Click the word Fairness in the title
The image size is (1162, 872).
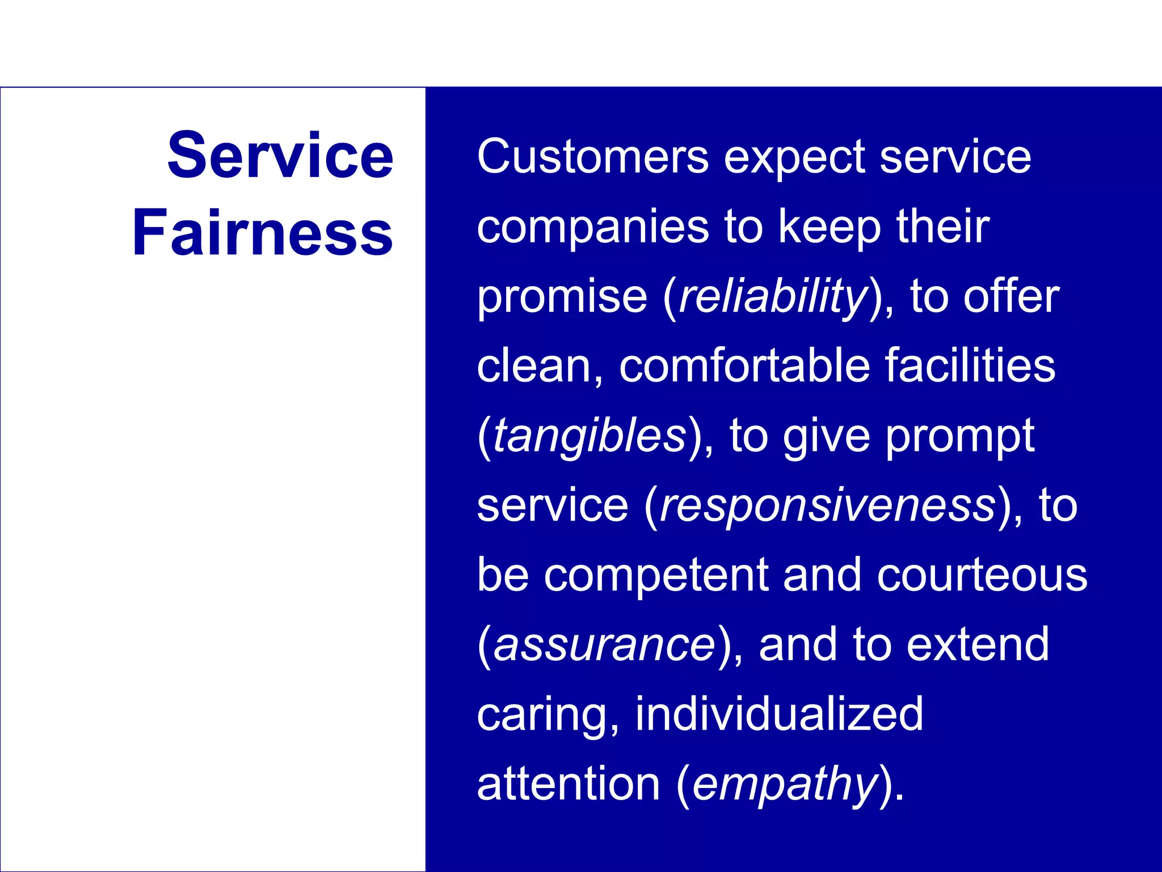pos(262,233)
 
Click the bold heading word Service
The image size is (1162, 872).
pos(280,155)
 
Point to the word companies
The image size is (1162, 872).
pos(593,227)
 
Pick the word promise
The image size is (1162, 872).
pos(562,296)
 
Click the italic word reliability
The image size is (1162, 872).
pos(773,296)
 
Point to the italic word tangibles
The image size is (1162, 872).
pos(590,436)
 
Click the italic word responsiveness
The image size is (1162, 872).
pos(828,505)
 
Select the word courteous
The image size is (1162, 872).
pos(982,575)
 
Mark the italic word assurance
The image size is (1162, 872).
pos(604,645)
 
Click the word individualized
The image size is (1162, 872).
pos(779,714)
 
